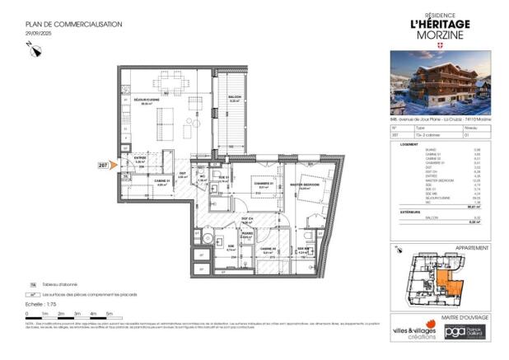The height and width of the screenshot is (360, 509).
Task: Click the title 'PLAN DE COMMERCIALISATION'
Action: pyautogui.click(x=73, y=24)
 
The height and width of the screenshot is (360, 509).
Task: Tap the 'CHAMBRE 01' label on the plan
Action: pyautogui.click(x=263, y=186)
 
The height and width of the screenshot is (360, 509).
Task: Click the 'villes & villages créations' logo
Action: pyautogui.click(x=415, y=329)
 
